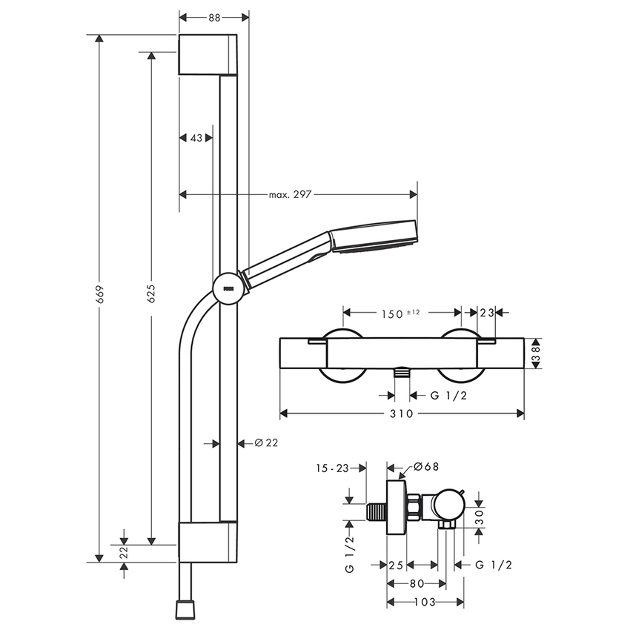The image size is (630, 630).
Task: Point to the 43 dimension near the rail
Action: click(x=196, y=138)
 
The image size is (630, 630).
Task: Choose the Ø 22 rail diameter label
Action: click(x=266, y=442)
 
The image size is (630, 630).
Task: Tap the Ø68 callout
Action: click(x=425, y=467)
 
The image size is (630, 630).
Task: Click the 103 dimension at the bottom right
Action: click(x=425, y=602)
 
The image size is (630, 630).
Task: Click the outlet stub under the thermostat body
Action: click(x=401, y=373)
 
